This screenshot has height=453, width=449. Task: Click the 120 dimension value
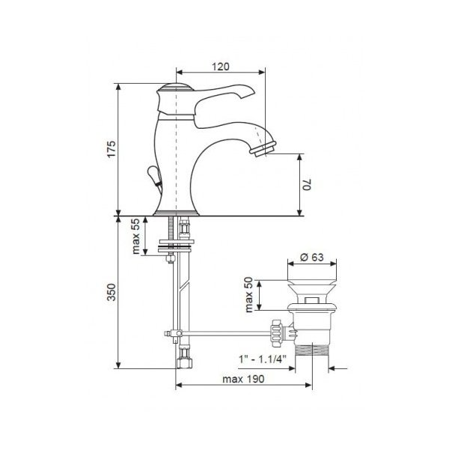(x=221, y=67)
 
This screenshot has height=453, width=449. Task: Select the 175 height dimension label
(x=112, y=149)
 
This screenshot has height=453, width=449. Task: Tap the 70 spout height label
(x=307, y=184)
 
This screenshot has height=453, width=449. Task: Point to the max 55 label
(x=136, y=236)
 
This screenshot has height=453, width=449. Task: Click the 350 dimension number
(x=112, y=292)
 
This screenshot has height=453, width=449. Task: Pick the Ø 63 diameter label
(x=312, y=257)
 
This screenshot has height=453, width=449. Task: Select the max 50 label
(x=248, y=295)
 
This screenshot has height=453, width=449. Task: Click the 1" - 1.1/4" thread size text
(x=262, y=359)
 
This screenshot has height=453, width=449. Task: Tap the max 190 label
(x=243, y=379)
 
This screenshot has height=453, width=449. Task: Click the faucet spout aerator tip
(x=263, y=149)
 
